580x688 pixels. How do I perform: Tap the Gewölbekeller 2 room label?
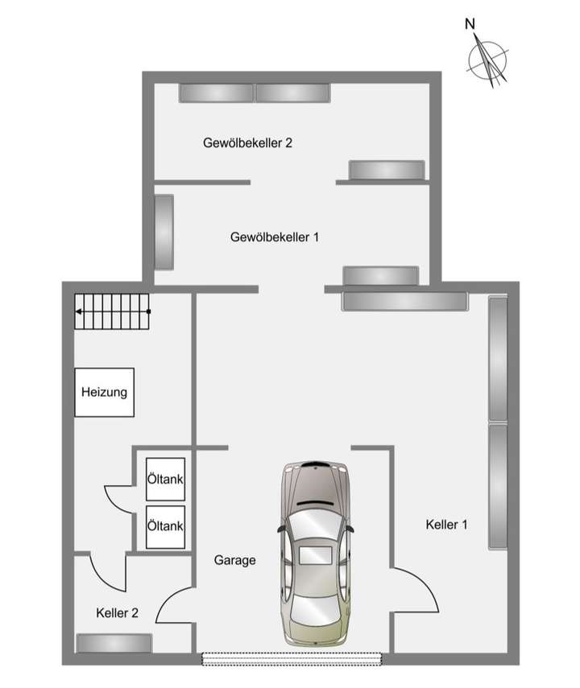coord(247,143)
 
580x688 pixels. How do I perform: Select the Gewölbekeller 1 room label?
coord(275,237)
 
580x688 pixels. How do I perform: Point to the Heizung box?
coord(105,393)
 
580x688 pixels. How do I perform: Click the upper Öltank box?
coord(165,479)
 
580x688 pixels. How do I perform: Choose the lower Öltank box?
coord(165,525)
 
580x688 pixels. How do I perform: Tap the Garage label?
coord(235,560)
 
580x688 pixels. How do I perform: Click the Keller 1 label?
coord(446,525)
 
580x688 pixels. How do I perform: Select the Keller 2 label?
coord(117,612)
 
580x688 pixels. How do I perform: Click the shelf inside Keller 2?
coord(114,643)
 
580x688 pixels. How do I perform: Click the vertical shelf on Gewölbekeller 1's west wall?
coord(164,233)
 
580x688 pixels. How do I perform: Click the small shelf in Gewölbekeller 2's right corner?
coord(386,170)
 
